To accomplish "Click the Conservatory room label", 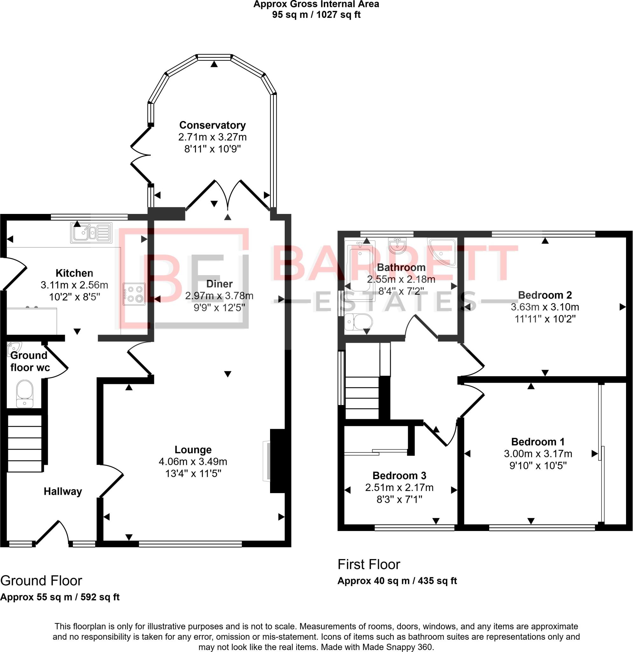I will point(212,125).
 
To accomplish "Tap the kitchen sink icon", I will point(91,232).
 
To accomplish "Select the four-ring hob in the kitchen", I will point(134,294).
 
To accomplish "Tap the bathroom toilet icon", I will point(358,322).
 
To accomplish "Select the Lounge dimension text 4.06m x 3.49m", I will point(193,461).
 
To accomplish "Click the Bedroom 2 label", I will point(545,295).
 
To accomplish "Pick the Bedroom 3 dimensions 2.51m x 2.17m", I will point(399,488).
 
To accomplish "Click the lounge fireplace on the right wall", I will point(278,461).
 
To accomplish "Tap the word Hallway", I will point(63,491).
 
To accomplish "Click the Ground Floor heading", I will point(41,581).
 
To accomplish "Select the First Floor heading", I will point(369,564).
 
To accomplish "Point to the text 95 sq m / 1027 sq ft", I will point(316,15).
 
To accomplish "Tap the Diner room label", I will point(219,284).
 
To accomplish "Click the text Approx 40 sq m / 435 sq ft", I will point(397,581).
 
